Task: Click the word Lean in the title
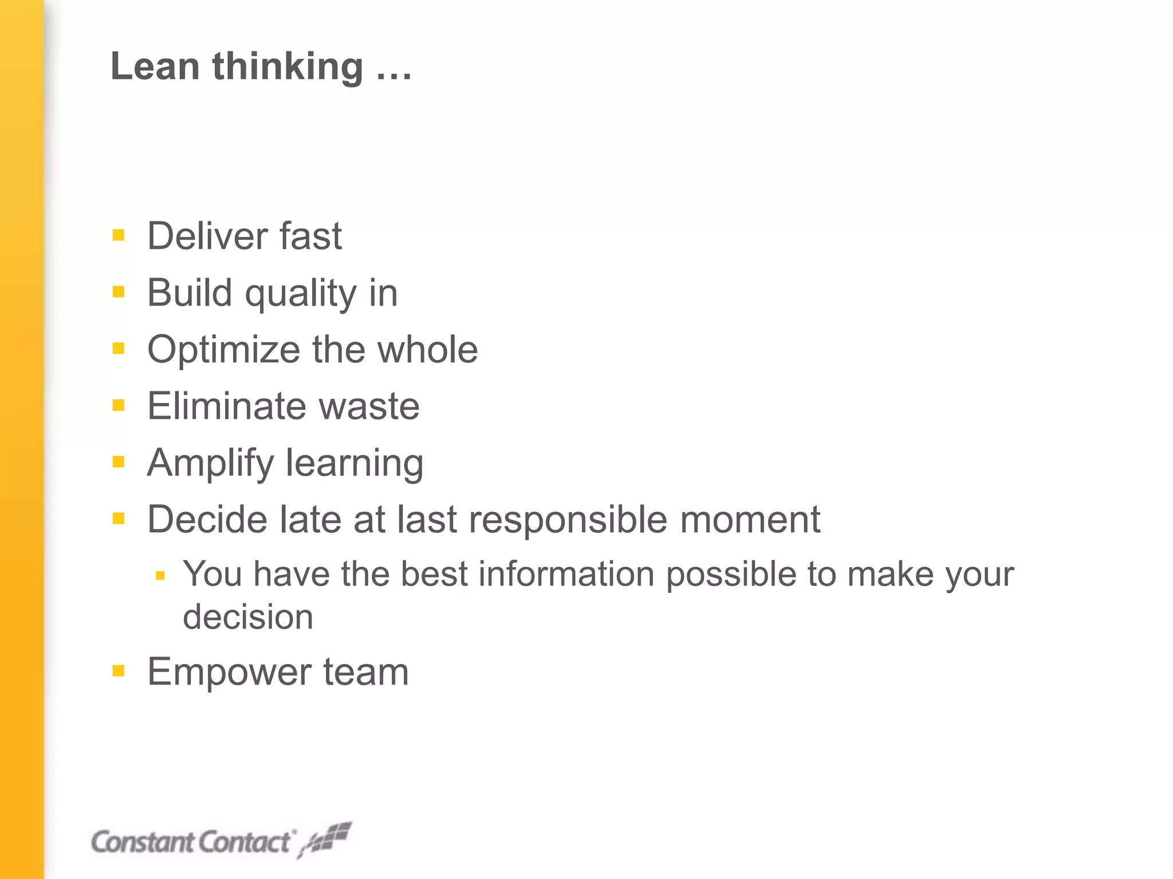click(155, 66)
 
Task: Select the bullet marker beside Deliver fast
click(119, 235)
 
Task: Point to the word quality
click(301, 294)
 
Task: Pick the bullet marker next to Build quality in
click(119, 292)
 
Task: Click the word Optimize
click(224, 350)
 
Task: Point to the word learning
click(355, 464)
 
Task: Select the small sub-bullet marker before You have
click(160, 575)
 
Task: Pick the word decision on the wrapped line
click(248, 617)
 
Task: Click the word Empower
click(229, 672)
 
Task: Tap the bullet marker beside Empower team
click(119, 671)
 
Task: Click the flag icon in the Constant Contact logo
click(326, 839)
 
